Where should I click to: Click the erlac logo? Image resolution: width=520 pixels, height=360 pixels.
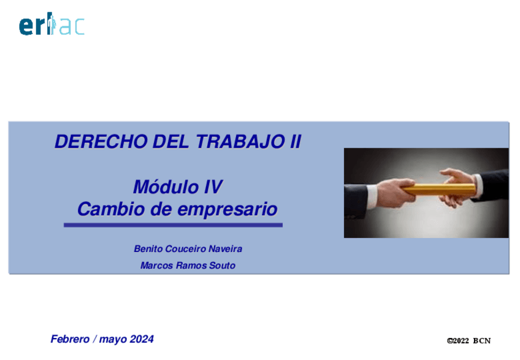tap(52, 23)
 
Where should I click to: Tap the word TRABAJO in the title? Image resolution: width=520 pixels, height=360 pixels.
tap(240, 142)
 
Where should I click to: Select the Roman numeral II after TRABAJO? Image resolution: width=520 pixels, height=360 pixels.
tap(296, 142)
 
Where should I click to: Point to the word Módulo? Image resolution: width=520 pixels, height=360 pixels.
tap(166, 187)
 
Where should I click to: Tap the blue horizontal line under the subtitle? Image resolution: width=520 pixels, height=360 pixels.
tap(173, 225)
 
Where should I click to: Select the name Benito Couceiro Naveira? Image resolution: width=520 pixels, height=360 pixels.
tap(188, 249)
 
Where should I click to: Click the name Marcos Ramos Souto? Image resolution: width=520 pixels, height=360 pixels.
tap(188, 266)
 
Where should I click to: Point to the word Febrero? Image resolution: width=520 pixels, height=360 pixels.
tap(70, 339)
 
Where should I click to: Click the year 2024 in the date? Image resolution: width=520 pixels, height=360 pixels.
tap(142, 339)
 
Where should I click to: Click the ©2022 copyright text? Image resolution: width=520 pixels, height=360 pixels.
tap(458, 341)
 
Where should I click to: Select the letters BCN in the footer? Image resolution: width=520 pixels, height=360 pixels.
tap(482, 341)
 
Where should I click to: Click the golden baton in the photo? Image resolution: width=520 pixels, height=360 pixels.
tap(440, 190)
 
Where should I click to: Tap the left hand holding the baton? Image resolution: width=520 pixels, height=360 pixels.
tap(396, 193)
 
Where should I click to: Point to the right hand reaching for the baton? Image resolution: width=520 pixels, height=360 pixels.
tap(457, 186)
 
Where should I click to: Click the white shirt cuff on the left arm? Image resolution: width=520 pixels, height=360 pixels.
tap(372, 196)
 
